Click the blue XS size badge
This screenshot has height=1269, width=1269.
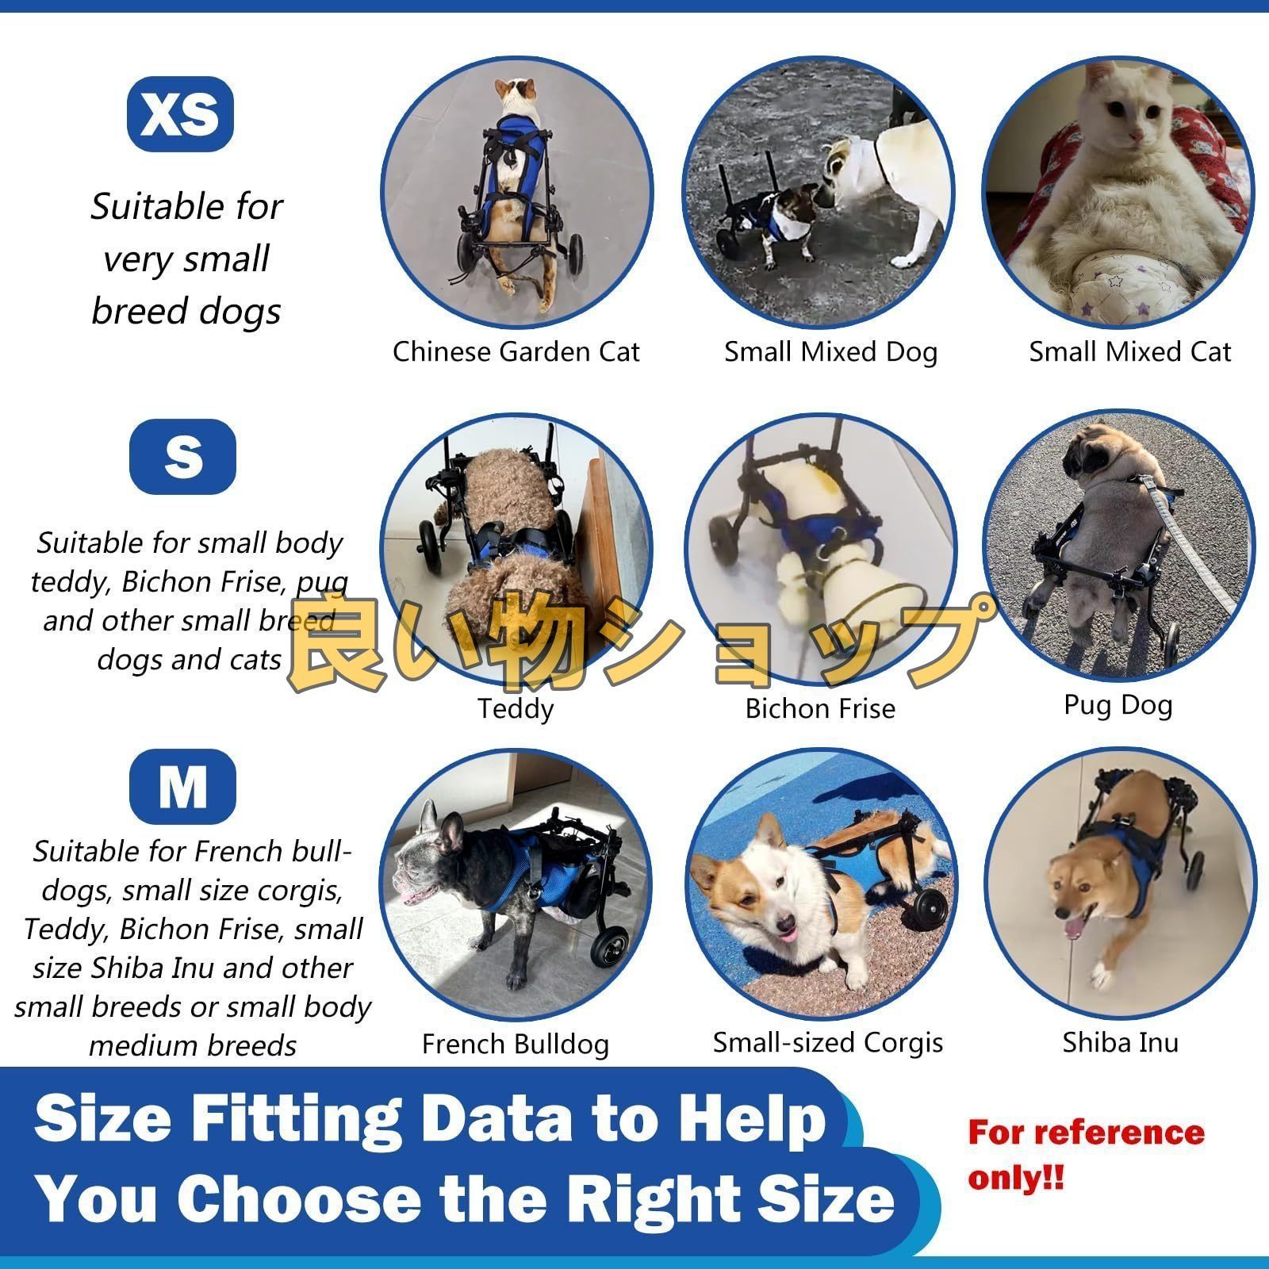coord(180,114)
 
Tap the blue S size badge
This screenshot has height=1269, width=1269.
coord(182,456)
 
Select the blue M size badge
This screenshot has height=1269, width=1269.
coord(182,786)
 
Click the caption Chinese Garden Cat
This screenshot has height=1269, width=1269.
coord(516,351)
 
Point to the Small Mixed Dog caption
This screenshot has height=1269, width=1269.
coord(830,351)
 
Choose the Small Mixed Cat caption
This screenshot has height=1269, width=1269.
coord(1129,351)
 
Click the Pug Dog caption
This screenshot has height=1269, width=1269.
coord(1118,704)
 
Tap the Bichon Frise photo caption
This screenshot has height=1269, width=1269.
coord(819,708)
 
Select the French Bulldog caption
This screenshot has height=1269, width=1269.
coord(516,1044)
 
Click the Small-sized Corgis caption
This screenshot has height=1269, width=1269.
coord(827,1042)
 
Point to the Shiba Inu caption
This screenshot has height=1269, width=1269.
coord(1120,1042)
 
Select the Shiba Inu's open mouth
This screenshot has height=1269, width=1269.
coord(1075,928)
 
